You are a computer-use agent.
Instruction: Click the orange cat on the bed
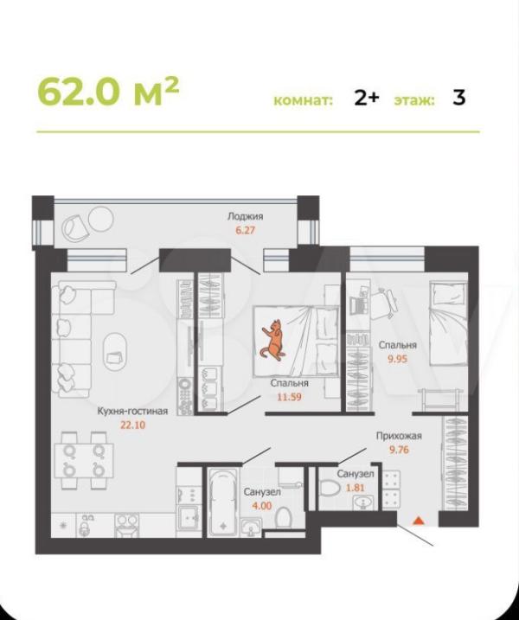tap(272, 340)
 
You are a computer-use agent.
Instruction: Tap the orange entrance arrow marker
tap(419, 521)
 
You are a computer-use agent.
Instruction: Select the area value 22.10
tap(133, 425)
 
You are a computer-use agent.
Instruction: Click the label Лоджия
tap(246, 216)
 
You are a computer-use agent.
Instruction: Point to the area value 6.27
tap(246, 230)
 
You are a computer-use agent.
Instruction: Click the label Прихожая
tap(399, 436)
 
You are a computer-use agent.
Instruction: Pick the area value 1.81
tap(356, 488)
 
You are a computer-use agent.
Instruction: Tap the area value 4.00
tap(262, 505)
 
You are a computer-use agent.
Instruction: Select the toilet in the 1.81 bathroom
tap(329, 488)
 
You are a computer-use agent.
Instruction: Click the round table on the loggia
tap(100, 219)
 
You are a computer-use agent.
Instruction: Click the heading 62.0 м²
tap(108, 93)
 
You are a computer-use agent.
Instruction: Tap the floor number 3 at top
tap(458, 97)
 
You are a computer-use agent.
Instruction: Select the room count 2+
tap(367, 97)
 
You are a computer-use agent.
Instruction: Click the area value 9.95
tap(398, 359)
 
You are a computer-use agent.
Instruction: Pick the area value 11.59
tap(289, 397)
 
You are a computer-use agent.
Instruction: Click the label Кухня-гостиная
tap(133, 411)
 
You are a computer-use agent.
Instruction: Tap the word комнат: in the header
tap(304, 100)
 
